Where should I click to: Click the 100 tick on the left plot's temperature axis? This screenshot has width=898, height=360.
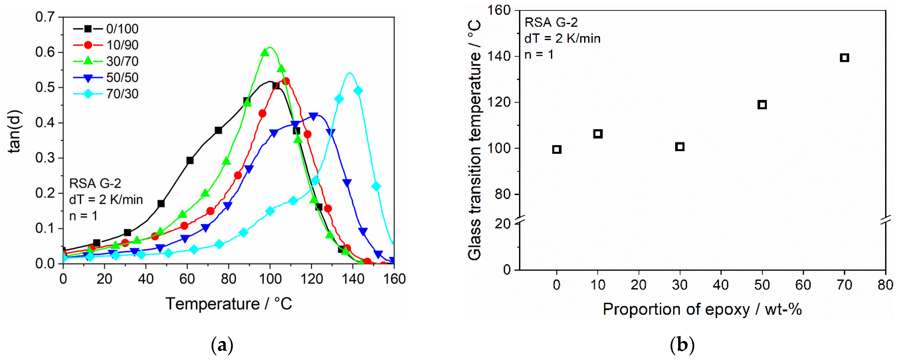(270, 279)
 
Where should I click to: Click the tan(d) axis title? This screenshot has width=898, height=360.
(15, 132)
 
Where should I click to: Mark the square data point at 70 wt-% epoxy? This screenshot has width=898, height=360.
(844, 58)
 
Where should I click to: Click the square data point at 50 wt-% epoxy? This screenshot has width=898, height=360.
(762, 105)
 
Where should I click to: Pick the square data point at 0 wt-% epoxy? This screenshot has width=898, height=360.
(557, 149)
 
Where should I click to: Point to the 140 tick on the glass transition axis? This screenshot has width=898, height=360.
(503, 56)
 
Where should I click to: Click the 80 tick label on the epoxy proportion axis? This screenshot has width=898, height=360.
(885, 285)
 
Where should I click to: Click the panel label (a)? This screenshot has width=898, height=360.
(222, 345)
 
